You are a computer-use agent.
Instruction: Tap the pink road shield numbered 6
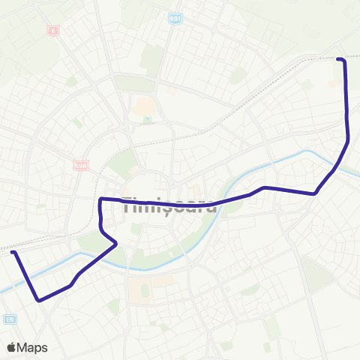tap(53, 31)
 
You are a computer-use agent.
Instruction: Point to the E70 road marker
tap(9, 319)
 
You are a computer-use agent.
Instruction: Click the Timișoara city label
tap(169, 204)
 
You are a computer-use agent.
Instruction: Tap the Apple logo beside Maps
tap(13, 347)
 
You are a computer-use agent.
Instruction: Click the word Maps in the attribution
tap(34, 347)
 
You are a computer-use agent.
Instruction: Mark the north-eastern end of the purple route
tap(339, 58)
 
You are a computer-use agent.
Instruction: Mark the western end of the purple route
tap(13, 253)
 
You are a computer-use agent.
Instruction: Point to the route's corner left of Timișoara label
tap(101, 199)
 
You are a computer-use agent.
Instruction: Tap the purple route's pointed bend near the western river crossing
tap(117, 244)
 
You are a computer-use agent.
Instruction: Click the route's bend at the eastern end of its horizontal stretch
tap(315, 193)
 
